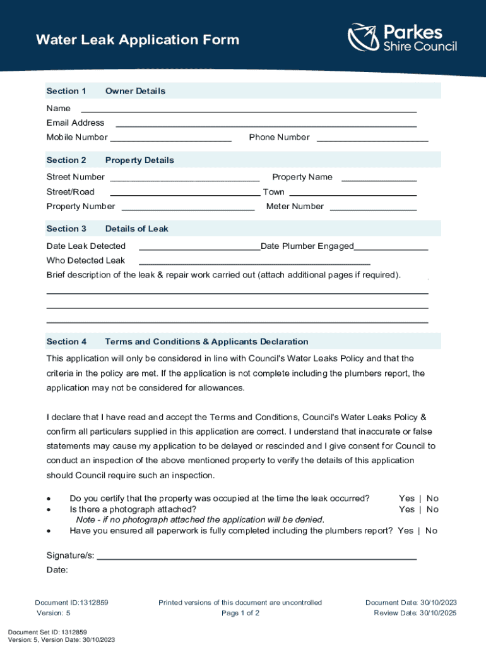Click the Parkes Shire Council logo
pos(402,38)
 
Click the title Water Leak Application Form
pos(138,40)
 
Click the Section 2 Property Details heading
pos(110,160)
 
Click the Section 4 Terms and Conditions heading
pos(177,342)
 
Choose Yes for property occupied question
pos(406,499)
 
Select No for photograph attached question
pos(432,509)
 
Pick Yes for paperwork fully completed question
pos(406,531)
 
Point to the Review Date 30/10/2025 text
pos(415,613)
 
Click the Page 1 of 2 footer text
pos(240,613)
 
